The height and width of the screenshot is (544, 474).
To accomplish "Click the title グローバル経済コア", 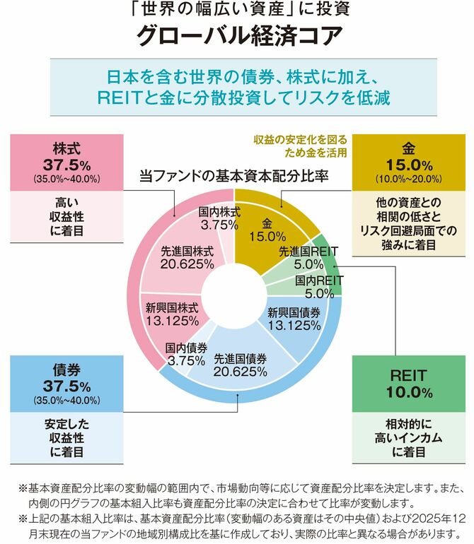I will tap(236, 35).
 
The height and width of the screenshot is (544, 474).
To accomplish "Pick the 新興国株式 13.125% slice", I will tap(172, 314).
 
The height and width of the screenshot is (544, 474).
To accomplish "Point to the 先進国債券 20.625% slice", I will tap(240, 364).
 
